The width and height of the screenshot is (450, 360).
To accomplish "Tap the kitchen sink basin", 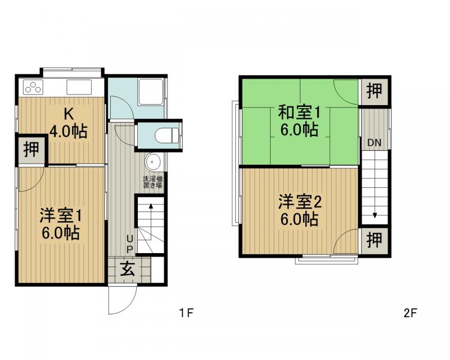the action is click(x=79, y=87).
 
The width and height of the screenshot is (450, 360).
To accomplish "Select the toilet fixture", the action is click(x=167, y=135).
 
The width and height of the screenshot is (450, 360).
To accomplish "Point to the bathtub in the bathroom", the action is click(x=150, y=91).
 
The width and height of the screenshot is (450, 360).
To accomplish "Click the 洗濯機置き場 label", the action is click(x=152, y=182).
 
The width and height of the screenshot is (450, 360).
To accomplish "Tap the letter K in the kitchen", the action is click(x=68, y=114).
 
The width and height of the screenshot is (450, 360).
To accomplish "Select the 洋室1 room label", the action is click(x=61, y=215).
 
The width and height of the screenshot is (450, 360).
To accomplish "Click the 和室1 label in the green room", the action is click(x=299, y=112).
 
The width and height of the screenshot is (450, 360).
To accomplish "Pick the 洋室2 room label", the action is click(x=300, y=202).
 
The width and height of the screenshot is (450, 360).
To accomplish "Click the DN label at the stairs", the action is click(x=374, y=142).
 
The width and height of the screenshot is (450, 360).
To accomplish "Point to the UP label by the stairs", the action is click(x=130, y=244).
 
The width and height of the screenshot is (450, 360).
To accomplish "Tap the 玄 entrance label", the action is click(x=128, y=269).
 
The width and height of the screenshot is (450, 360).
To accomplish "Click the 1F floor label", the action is click(x=186, y=312).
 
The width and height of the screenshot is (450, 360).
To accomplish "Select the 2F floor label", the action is click(x=410, y=313).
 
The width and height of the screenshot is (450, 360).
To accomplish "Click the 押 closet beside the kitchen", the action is click(x=31, y=149).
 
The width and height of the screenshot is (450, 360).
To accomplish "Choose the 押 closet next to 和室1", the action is click(x=374, y=91).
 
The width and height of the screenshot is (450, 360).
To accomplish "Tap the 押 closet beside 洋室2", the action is click(x=374, y=240).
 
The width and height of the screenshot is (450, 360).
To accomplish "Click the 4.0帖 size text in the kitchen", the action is click(x=68, y=132).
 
